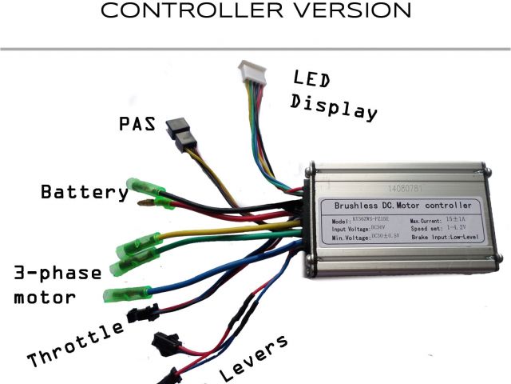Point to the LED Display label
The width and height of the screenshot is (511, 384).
(334, 94)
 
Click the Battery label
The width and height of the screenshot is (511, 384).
(84, 192)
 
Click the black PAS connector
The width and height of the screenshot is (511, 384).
(180, 132)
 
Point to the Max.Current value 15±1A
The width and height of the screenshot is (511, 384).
(458, 219)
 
